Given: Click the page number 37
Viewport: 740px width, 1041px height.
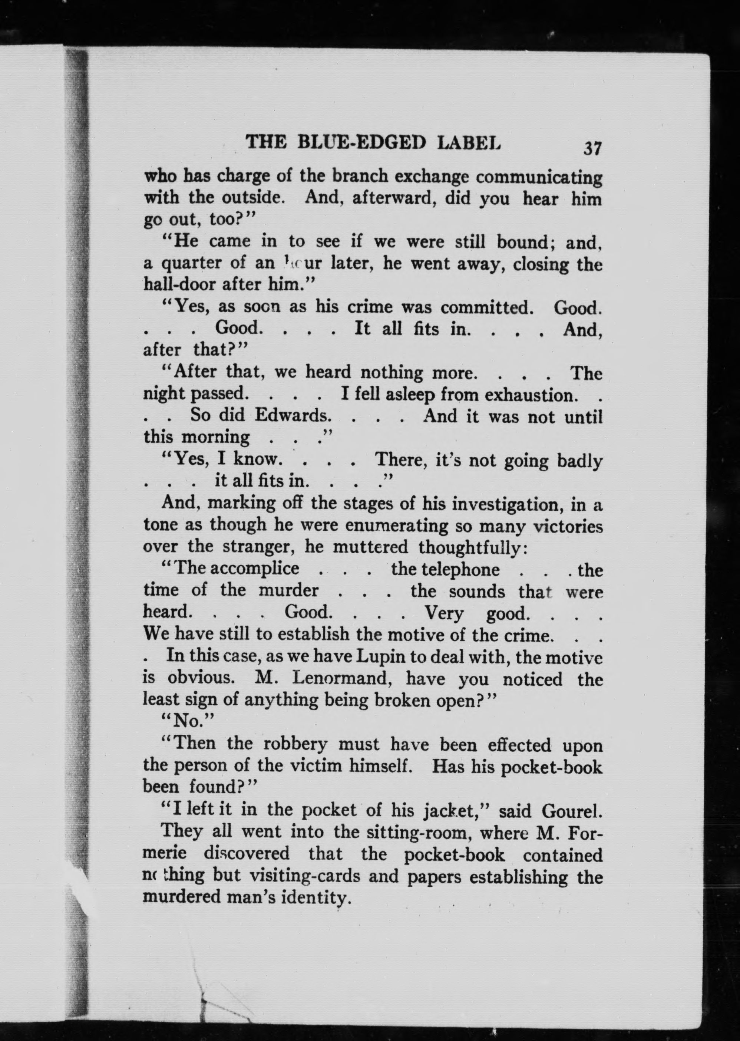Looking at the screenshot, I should [x=592, y=149].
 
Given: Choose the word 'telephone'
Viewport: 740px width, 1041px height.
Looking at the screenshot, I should [x=445, y=569].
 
